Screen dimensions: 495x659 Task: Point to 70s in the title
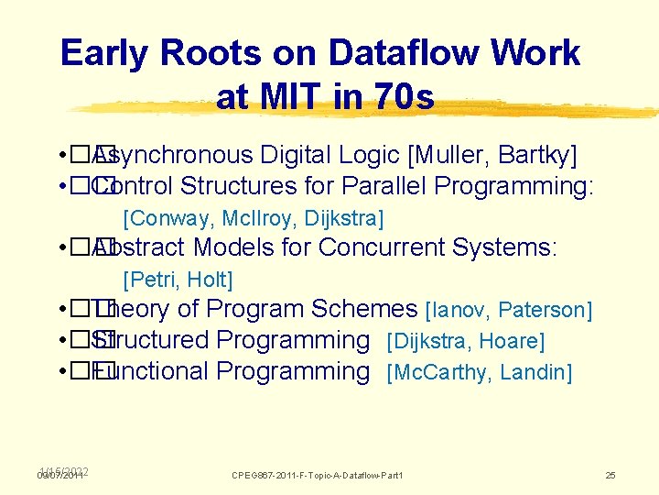[x=399, y=96]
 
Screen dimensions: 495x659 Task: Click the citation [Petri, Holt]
[x=178, y=280]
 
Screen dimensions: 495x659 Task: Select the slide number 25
[x=610, y=475]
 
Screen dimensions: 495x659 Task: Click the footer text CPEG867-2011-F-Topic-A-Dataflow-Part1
[x=318, y=475]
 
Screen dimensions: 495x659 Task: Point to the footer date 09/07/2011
[x=61, y=476]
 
